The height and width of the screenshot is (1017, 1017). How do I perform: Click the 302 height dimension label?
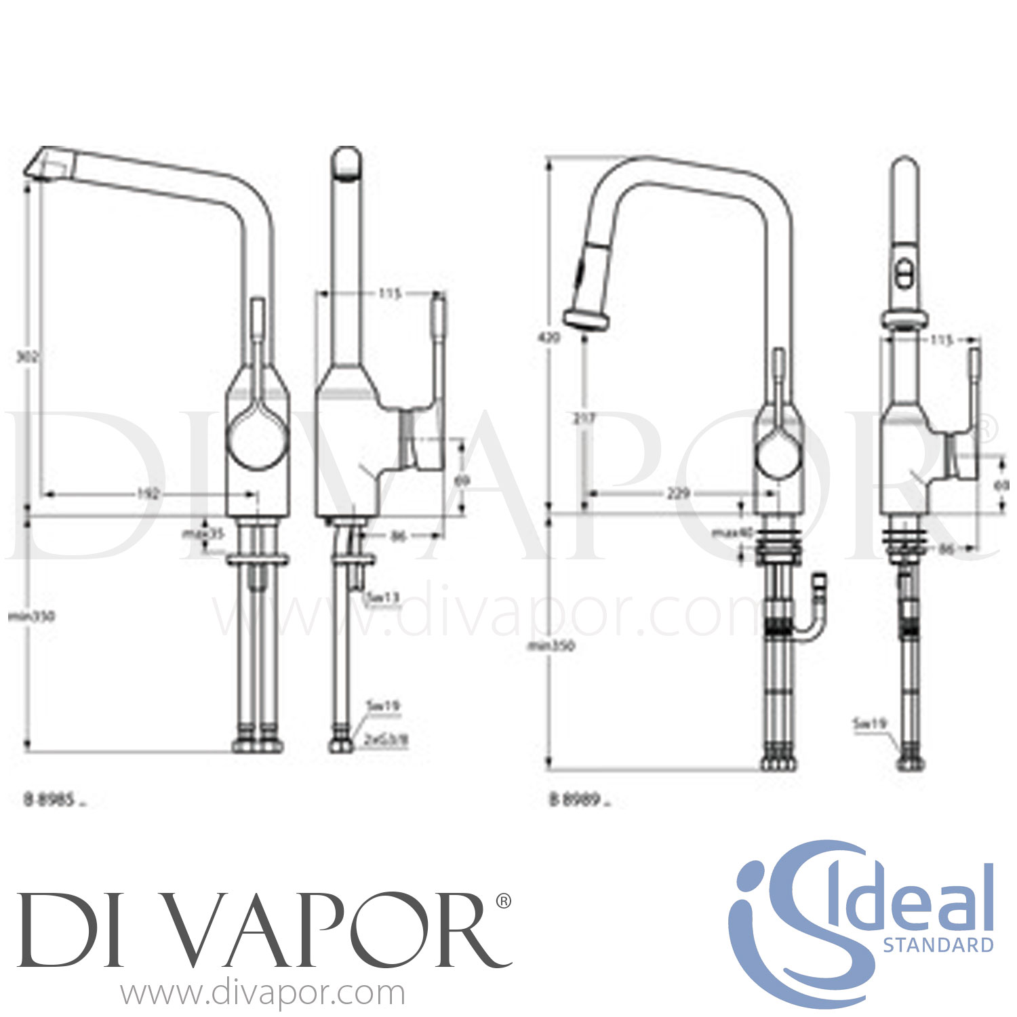click(x=26, y=357)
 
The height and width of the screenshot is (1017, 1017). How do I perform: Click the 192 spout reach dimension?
click(x=148, y=494)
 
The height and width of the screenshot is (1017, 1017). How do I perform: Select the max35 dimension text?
click(x=203, y=534)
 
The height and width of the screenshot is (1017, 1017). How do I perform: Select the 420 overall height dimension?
click(x=552, y=337)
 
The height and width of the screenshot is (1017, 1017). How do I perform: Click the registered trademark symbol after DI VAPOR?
click(x=504, y=901)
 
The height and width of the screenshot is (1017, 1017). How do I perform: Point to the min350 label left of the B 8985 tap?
click(x=31, y=616)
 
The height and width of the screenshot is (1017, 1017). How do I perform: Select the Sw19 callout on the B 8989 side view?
click(x=869, y=724)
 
